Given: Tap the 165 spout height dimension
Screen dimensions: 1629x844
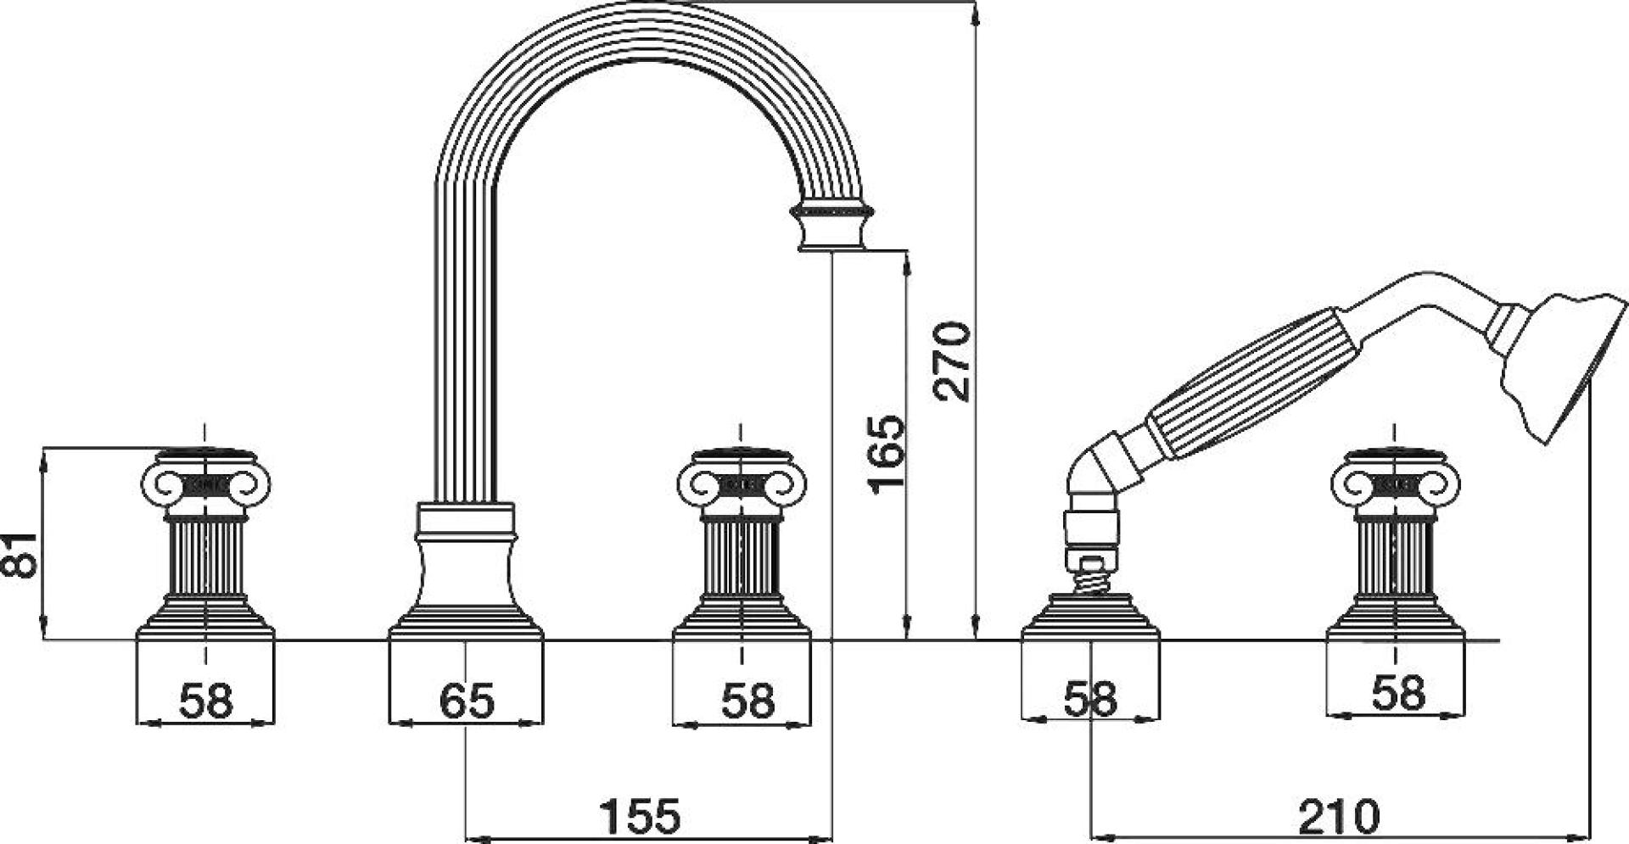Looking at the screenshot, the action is [x=887, y=453].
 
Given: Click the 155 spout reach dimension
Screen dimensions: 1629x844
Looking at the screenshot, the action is [x=640, y=817].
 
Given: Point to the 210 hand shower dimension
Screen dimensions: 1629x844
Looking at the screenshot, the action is [x=1338, y=817].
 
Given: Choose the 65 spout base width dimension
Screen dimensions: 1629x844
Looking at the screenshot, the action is [x=467, y=701].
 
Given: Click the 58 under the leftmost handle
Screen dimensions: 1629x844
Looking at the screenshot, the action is [x=205, y=701].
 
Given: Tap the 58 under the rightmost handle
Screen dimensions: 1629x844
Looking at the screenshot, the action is [x=1398, y=693].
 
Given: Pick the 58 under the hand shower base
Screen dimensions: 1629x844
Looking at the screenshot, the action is [x=1090, y=700].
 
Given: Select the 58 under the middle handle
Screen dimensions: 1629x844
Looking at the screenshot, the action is [x=748, y=701].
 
